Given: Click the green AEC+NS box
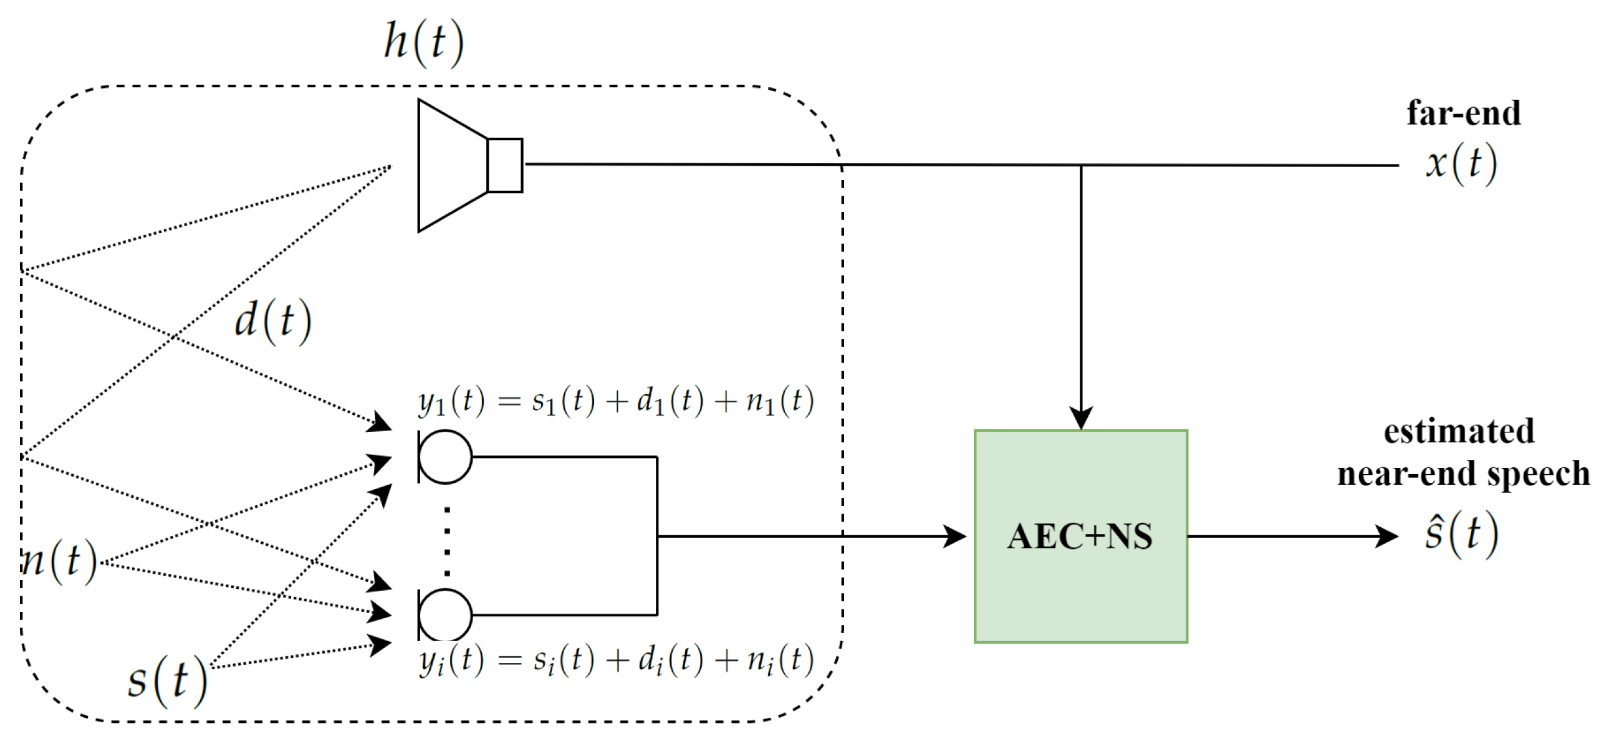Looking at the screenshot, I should click(x=1080, y=536).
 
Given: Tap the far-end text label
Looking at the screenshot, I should click(x=1463, y=113).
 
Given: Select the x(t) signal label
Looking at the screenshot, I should click(x=1461, y=164).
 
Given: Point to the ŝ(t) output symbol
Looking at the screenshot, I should click(x=1461, y=535).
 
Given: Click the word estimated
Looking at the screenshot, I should click(x=1459, y=431).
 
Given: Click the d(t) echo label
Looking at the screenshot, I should click(x=272, y=321).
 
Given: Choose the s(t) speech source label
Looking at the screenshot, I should click(x=167, y=680).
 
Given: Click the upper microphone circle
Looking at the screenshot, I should click(x=445, y=457).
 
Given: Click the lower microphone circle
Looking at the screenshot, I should click(x=445, y=614).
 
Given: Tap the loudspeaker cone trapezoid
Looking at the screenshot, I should click(x=452, y=165).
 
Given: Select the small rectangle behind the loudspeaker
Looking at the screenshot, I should click(x=504, y=165).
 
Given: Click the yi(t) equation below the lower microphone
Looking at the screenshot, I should click(x=616, y=660).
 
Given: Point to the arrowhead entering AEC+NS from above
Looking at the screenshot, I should click(x=1080, y=417).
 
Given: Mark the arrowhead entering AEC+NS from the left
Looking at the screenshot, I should click(x=954, y=536).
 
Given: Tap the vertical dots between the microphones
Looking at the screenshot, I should click(x=447, y=541).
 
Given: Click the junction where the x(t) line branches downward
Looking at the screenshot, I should click(x=1080, y=166).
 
